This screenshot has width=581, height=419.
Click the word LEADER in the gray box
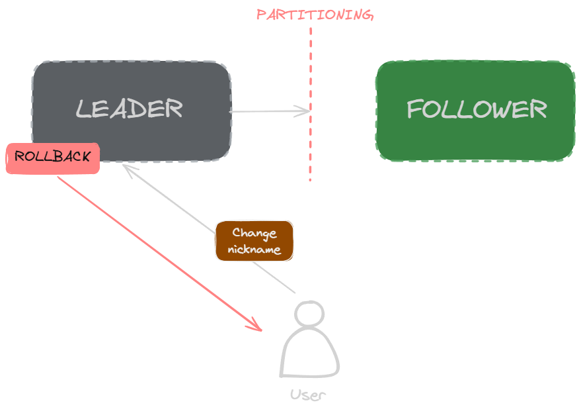129,109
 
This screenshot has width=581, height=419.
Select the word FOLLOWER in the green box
476,109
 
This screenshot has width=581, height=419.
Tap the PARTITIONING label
315,15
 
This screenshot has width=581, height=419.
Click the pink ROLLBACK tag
53,158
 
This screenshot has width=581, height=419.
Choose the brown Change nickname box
254,241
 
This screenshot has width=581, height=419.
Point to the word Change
254,233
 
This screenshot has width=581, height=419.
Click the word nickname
254,250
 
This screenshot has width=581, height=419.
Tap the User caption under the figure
308,396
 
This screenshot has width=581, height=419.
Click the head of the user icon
309,313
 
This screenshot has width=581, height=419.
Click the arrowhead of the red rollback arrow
256,326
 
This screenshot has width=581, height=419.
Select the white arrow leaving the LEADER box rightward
268,111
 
